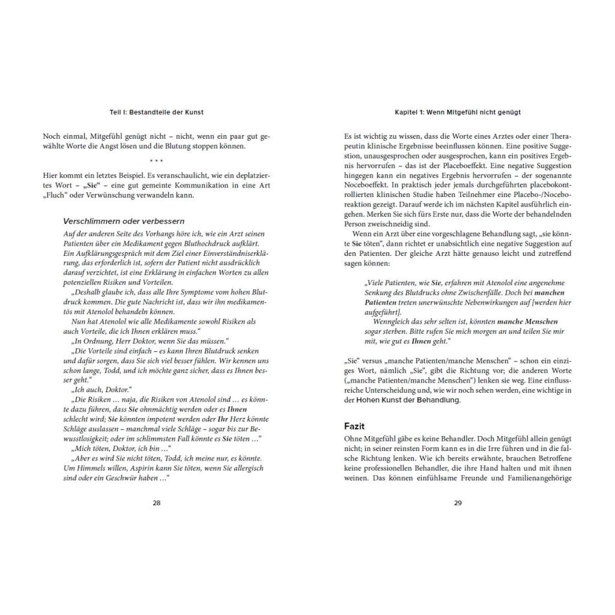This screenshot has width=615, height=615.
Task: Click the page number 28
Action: (156, 503)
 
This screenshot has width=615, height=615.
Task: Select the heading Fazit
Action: (354, 426)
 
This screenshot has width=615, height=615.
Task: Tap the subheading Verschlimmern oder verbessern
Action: (124, 221)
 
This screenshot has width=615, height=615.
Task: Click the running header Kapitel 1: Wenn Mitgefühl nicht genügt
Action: (458, 112)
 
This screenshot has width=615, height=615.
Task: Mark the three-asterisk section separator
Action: (156, 160)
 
